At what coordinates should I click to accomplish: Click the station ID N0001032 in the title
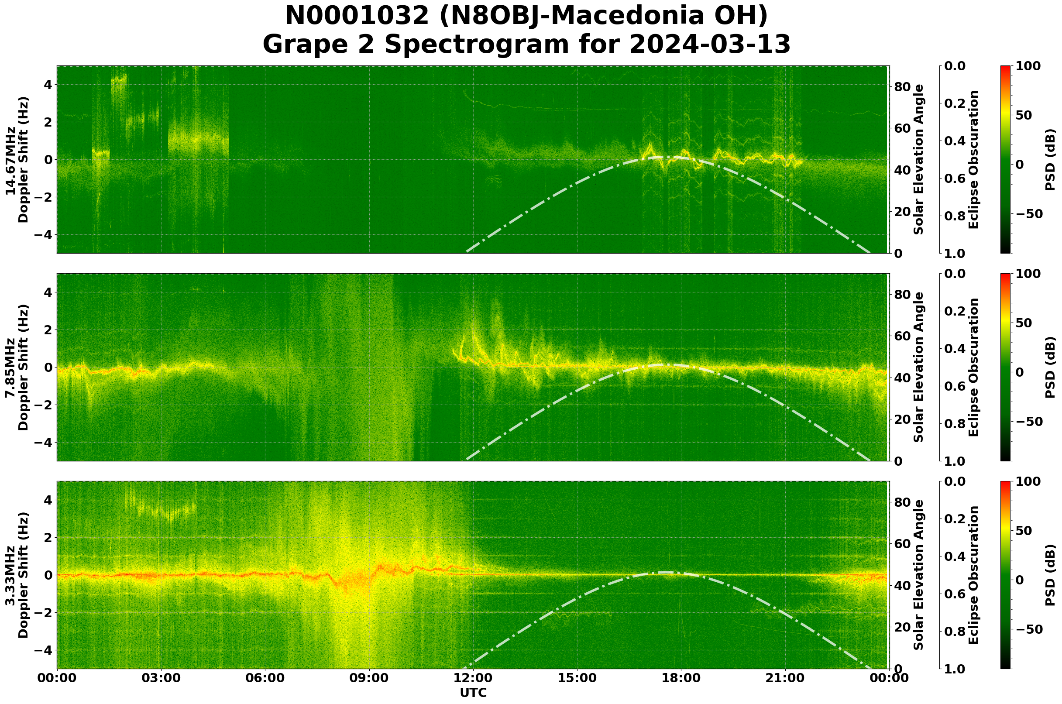pos(358,16)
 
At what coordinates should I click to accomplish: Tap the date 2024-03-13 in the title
pos(710,45)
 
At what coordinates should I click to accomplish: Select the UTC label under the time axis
pos(473,693)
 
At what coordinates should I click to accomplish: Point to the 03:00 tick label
pos(161,678)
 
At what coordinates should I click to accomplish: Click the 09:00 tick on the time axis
pos(369,678)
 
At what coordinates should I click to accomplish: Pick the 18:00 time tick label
pos(681,678)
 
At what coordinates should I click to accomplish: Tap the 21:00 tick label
pos(785,678)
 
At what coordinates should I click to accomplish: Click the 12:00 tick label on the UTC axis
pos(473,678)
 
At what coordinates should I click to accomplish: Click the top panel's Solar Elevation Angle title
pos(919,159)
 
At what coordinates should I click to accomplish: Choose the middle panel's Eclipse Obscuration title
pos(973,367)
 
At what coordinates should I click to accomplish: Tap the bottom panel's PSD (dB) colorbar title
pos(1050,575)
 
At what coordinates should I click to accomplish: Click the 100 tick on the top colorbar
pos(1028,66)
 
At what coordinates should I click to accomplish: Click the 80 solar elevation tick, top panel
pos(902,87)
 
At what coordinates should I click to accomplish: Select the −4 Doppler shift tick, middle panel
pos(43,443)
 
